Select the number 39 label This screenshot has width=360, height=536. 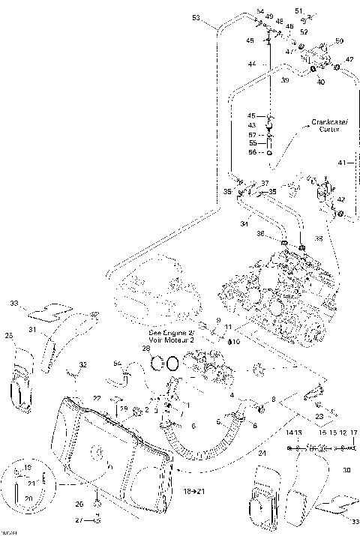click(284, 79)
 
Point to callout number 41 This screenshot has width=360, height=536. click(341, 163)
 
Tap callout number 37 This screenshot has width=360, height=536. click(265, 183)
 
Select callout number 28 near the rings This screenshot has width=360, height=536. click(146, 349)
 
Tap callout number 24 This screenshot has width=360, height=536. click(262, 453)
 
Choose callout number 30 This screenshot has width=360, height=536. click(346, 471)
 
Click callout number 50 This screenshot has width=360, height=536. click(338, 40)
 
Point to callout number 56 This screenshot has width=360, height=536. click(252, 152)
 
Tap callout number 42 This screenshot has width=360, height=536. click(342, 200)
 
